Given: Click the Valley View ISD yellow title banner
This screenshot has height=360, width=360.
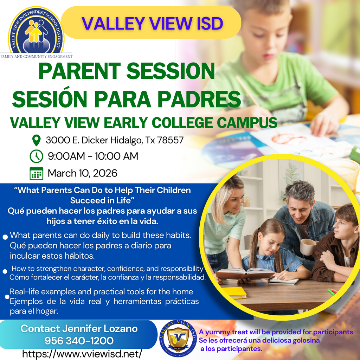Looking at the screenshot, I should pos(151,23).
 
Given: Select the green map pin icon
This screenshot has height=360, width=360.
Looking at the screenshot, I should pos(36,141).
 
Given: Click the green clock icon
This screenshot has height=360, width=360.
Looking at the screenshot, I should pos(36,156).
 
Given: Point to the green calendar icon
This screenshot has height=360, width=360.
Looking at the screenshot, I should pos(36,173).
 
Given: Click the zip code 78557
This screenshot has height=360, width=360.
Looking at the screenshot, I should pos(170,141).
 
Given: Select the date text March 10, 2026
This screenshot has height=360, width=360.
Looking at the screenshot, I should pos(82,173).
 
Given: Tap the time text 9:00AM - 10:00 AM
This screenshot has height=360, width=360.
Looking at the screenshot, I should pos(93,156).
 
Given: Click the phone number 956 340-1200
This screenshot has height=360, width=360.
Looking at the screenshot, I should pos(79,341).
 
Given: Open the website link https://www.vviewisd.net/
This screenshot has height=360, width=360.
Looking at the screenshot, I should pos(82,353).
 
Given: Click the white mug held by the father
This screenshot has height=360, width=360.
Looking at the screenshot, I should pos(308,247).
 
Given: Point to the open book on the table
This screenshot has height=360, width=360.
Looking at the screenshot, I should pos(245,273).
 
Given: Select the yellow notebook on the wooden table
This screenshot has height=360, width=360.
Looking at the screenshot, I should pos(234,292).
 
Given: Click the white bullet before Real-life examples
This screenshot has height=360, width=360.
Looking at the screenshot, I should pos(7,297).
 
